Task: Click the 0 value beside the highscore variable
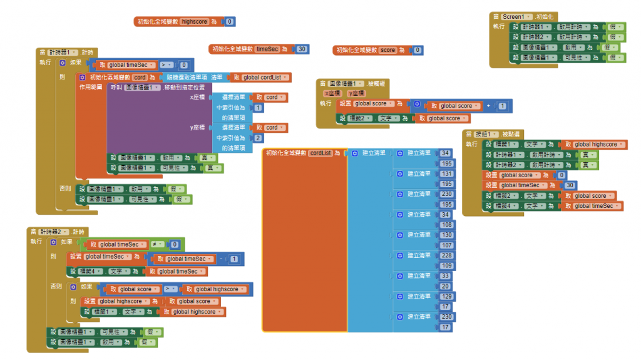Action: tap(230, 22)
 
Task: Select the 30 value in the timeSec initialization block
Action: tap(302, 49)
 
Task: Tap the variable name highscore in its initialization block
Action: tap(194, 22)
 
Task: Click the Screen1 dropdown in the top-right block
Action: tap(517, 16)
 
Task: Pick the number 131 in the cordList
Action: tap(446, 173)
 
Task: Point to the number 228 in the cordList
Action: tap(446, 255)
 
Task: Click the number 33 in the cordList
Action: tap(445, 275)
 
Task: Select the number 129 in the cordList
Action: tap(446, 296)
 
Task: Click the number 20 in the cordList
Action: tap(445, 286)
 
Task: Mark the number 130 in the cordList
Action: tap(446, 235)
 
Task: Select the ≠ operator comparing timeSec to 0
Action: tap(155, 244)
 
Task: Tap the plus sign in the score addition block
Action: tap(489, 106)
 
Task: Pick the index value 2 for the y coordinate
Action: tap(258, 138)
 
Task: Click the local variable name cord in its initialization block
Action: tap(139, 77)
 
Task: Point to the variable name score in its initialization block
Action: tap(388, 50)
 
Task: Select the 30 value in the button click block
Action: tap(570, 185)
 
